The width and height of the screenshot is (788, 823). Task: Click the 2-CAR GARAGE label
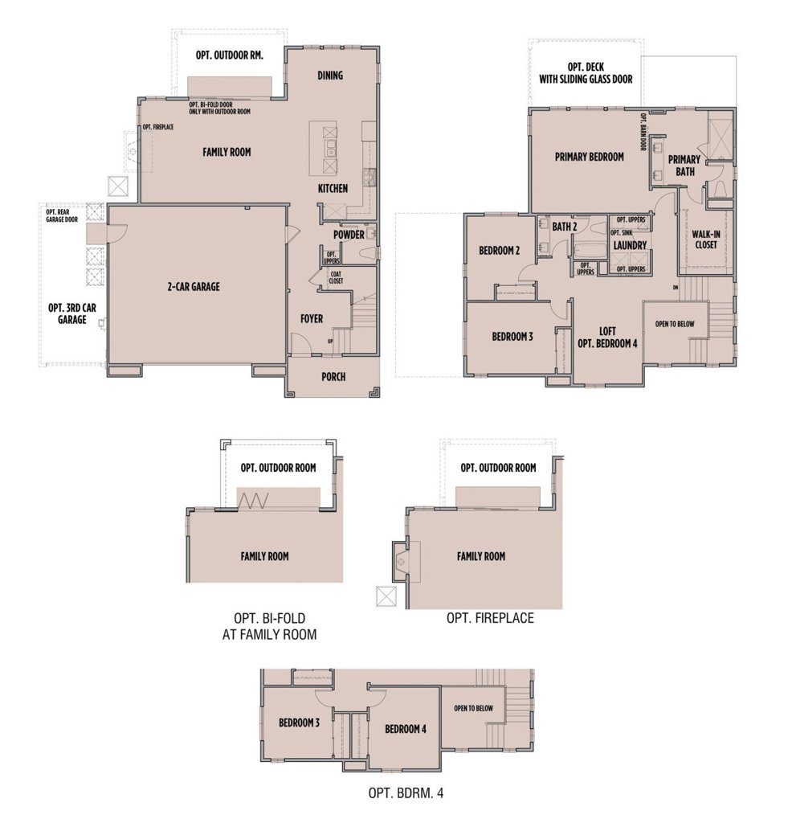(x=193, y=286)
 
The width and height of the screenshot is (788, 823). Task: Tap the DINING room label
(x=330, y=76)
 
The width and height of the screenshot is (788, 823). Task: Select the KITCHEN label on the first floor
(x=333, y=189)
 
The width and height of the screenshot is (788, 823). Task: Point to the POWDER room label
(x=349, y=235)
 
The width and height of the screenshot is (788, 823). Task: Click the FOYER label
(x=312, y=319)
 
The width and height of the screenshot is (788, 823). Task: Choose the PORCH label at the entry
(x=333, y=376)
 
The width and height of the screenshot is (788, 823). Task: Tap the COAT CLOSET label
(x=336, y=277)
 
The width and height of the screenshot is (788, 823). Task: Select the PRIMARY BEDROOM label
(x=589, y=157)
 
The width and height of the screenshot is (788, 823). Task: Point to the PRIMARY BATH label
(x=684, y=165)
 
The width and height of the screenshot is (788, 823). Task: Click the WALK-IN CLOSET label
(x=705, y=239)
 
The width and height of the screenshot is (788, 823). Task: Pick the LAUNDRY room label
(x=630, y=244)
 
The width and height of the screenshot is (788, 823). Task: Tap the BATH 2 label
(x=565, y=227)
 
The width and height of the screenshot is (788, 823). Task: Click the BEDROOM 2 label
(x=500, y=251)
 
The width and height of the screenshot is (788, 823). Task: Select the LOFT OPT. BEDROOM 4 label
(x=607, y=337)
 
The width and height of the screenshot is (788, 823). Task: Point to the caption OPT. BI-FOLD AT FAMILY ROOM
(x=269, y=626)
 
